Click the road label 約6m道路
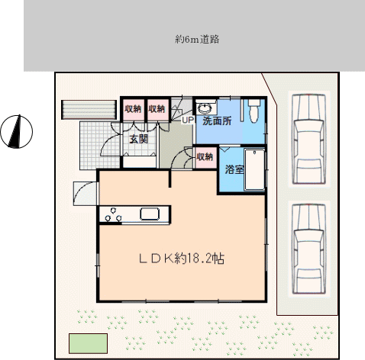[x=197, y=40]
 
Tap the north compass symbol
[x=17, y=131]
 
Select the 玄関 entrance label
[x=139, y=139]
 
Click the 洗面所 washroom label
[x=217, y=121]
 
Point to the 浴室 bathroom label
[x=234, y=169]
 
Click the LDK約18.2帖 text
[x=182, y=259]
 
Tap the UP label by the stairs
[x=188, y=120]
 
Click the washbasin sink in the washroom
[x=205, y=108]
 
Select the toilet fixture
[x=254, y=111]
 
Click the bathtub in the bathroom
[x=254, y=169]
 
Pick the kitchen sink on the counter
[x=150, y=214]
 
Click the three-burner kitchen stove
[x=113, y=215]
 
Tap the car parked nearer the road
[x=309, y=139]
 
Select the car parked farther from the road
[x=309, y=249]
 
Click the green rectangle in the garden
[x=88, y=343]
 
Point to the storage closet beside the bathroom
[x=205, y=157]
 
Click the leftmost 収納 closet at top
[x=134, y=109]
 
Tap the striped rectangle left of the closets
[x=89, y=110]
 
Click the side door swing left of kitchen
[x=85, y=194]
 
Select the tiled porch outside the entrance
[x=100, y=146]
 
